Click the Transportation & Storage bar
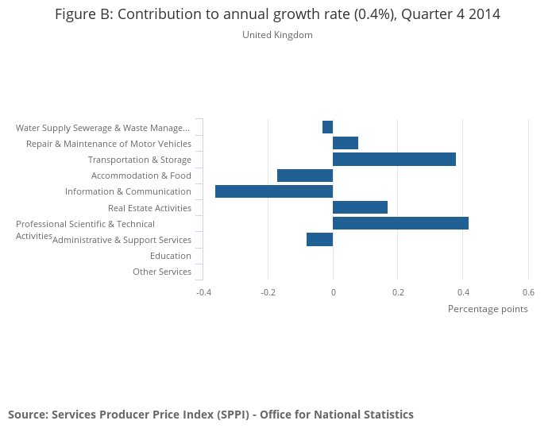click(x=394, y=160)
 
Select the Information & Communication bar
click(x=274, y=191)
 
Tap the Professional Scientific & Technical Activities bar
click(x=400, y=223)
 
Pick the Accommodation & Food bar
click(x=305, y=176)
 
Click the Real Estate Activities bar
click(x=360, y=207)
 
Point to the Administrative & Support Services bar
click(x=319, y=239)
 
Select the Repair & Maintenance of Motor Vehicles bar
click(x=346, y=143)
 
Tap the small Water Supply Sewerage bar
click(x=327, y=127)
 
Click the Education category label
click(x=171, y=256)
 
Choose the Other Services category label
click(x=162, y=272)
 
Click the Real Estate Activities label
click(x=149, y=208)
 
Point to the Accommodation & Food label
click(x=141, y=176)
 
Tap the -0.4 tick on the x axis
click(x=203, y=292)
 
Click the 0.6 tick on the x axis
click(x=528, y=292)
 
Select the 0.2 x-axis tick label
click(x=398, y=292)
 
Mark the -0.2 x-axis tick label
click(x=268, y=292)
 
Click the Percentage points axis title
click(x=488, y=309)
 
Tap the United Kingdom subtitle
click(x=277, y=35)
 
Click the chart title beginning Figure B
click(x=277, y=14)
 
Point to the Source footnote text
click(x=210, y=415)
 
